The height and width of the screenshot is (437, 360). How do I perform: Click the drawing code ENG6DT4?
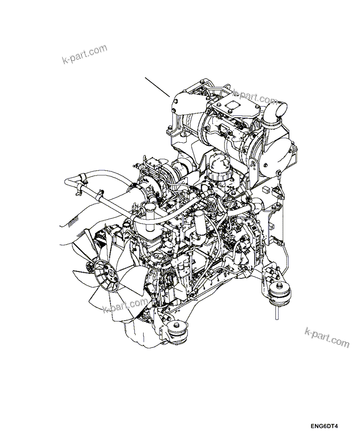[325, 427]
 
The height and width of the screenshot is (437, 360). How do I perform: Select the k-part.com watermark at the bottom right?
[327, 337]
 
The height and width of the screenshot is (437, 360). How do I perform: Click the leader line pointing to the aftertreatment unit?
[157, 87]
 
